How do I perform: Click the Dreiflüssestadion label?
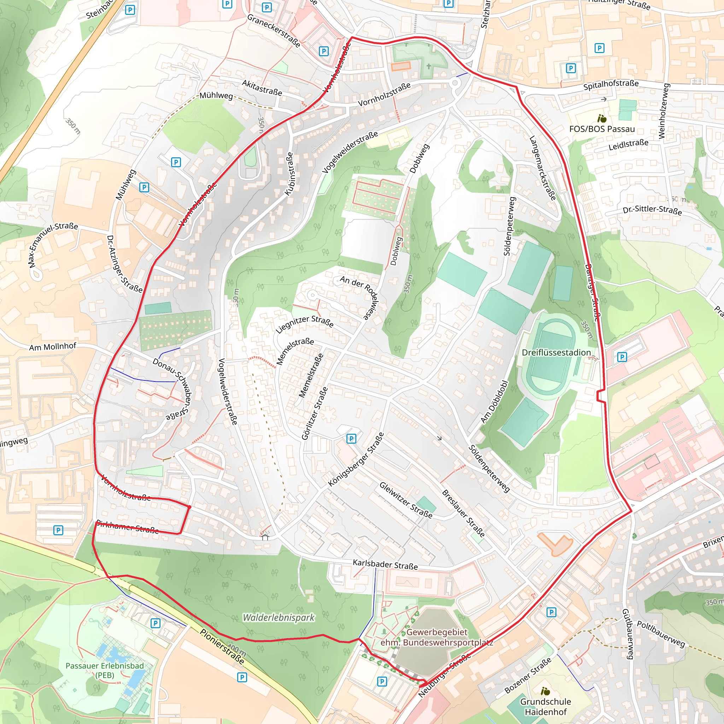[x=556, y=352]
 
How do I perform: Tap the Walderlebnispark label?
[x=279, y=617]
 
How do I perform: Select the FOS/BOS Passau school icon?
[x=602, y=119]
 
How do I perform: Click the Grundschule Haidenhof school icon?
[x=545, y=691]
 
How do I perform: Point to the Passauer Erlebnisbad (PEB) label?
[x=105, y=670]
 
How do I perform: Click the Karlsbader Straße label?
[x=385, y=564]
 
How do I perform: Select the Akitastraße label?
[x=262, y=88]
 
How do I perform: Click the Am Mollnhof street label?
[x=52, y=347]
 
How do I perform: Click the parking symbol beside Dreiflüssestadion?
[x=622, y=357]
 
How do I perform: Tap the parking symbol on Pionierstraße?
[x=242, y=677]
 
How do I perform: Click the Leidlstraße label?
[x=628, y=145]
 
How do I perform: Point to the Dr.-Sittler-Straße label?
[x=652, y=210]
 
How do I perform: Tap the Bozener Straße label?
[x=528, y=675]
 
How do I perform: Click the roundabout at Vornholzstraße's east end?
[x=455, y=83]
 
